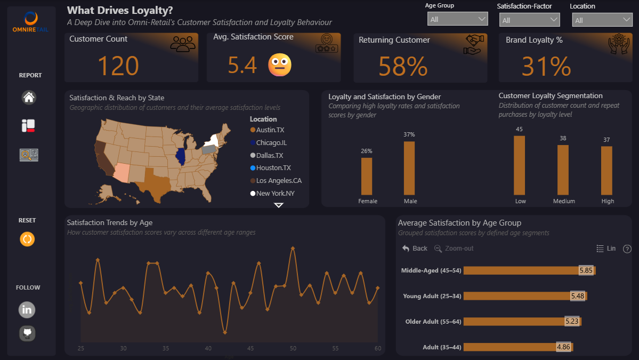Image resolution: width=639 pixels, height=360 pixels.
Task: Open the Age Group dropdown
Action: click(457, 19)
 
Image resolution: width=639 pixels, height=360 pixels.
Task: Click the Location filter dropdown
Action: click(602, 20)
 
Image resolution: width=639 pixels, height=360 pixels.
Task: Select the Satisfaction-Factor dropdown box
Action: click(529, 20)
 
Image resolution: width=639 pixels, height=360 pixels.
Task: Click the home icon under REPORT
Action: click(29, 98)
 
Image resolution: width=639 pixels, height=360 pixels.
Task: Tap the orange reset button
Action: click(27, 239)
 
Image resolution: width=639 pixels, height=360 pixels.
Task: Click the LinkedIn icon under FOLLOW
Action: click(27, 309)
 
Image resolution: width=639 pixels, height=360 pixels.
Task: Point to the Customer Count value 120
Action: click(118, 66)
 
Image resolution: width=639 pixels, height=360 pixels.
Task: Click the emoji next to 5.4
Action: click(279, 65)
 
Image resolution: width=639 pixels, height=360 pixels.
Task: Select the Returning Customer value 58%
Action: click(402, 67)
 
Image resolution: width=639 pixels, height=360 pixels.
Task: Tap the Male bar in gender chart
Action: click(409, 168)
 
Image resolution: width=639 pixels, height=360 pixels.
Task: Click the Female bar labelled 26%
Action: click(367, 176)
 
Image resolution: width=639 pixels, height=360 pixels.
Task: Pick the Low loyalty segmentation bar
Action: click(519, 165)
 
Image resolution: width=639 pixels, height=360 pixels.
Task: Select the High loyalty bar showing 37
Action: click(606, 170)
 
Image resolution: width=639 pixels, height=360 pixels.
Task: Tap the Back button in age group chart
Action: click(415, 249)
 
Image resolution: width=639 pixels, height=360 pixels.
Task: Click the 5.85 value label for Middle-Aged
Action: click(586, 270)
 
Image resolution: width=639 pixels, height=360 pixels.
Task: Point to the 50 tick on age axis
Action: click(293, 348)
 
